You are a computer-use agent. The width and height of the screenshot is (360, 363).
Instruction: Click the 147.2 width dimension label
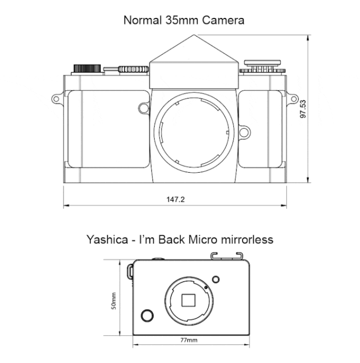point(175,199)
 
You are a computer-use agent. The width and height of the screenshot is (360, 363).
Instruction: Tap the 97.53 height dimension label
point(303,109)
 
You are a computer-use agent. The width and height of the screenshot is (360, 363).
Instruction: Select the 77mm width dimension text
point(189,340)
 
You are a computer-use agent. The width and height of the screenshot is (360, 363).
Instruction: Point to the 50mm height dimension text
point(114,301)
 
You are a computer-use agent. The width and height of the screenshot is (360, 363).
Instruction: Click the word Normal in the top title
point(142,20)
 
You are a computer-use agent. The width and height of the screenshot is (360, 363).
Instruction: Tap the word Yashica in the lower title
point(107,239)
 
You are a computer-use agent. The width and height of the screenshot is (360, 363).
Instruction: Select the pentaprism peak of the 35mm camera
point(194,35)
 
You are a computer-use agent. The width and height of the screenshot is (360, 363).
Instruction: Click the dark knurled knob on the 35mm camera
point(87,68)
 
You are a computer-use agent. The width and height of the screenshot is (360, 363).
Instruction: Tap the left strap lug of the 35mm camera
point(57,99)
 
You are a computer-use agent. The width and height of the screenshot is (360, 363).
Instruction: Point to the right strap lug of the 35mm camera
point(292,99)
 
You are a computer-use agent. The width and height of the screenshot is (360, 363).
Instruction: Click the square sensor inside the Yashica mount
point(188,301)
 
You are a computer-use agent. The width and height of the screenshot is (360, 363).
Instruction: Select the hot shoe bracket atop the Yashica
point(227,256)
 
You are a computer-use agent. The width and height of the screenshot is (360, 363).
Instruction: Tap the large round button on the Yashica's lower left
point(147,316)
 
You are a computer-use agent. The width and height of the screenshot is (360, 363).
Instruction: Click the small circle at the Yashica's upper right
point(215,280)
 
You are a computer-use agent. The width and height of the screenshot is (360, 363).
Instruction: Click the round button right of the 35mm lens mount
point(244,132)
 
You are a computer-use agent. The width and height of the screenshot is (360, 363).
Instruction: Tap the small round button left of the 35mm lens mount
point(143,109)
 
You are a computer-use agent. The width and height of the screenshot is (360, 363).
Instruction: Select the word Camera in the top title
point(223,20)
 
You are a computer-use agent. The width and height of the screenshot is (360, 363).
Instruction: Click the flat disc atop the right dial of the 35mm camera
point(262,62)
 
